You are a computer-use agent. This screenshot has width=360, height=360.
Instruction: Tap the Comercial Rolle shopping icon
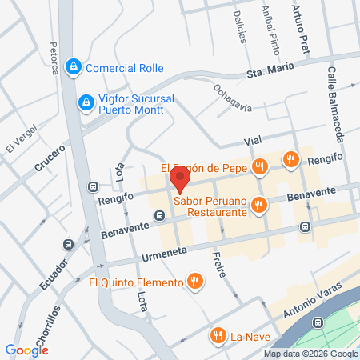(x=74, y=66)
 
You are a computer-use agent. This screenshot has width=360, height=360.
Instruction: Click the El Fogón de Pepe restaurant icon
(x=258, y=167)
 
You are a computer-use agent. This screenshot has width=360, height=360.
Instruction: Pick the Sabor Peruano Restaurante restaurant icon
(x=258, y=206)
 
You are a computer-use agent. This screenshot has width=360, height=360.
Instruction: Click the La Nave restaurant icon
(x=215, y=336)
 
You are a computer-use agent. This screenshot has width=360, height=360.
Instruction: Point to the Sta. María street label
(x=266, y=74)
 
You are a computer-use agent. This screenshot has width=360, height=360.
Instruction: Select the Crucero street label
(x=49, y=158)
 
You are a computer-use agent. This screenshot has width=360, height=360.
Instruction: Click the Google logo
(x=26, y=350)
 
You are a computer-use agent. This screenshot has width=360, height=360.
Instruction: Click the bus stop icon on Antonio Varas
(x=318, y=322)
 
